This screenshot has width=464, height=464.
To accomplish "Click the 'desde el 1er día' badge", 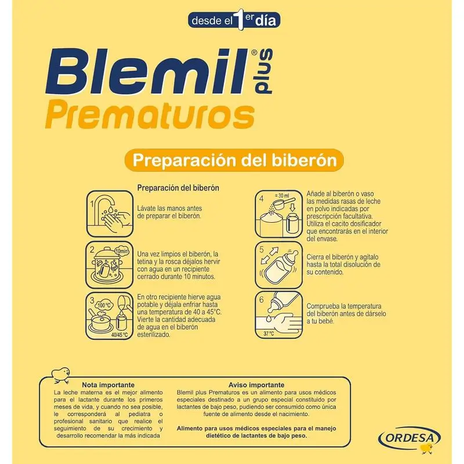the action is click(x=234, y=20).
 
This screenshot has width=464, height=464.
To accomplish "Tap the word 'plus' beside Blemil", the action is click(x=263, y=71).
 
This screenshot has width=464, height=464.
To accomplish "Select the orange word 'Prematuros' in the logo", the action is click(x=150, y=115).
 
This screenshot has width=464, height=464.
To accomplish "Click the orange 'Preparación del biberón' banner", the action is click(x=234, y=160).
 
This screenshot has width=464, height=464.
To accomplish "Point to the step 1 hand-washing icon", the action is click(x=110, y=213).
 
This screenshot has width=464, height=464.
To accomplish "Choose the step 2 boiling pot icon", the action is click(x=110, y=265).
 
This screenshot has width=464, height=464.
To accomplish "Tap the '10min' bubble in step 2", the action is click(x=122, y=251).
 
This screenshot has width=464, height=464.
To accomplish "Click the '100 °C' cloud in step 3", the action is click(x=104, y=306).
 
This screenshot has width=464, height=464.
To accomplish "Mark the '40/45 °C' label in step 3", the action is click(x=119, y=335).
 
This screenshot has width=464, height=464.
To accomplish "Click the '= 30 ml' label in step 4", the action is click(x=282, y=195).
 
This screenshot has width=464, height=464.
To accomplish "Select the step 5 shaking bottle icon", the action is click(x=279, y=265).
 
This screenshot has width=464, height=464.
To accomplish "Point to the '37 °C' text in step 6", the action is click(x=269, y=333).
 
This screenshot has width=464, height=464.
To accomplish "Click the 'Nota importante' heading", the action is click(x=108, y=385).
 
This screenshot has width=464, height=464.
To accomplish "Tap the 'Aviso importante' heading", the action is click(x=256, y=385).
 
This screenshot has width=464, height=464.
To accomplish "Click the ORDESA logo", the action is click(x=409, y=438).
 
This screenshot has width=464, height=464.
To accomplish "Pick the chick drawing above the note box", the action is click(x=61, y=375).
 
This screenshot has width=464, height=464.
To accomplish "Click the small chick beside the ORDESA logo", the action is click(x=427, y=448).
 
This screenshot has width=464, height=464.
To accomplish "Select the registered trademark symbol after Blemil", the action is click(x=254, y=53).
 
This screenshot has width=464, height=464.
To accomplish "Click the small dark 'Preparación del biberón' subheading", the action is click(x=178, y=188).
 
